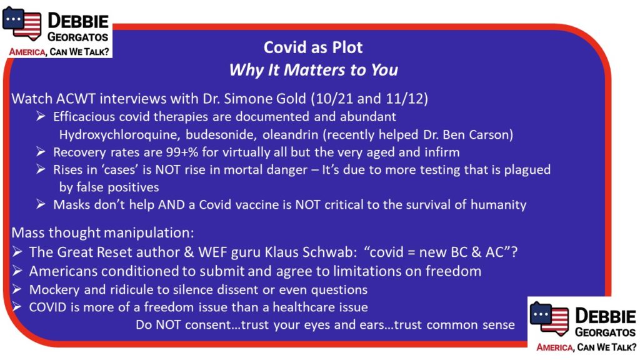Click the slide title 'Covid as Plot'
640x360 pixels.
pyautogui.click(x=313, y=47)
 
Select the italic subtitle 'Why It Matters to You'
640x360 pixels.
pyautogui.click(x=314, y=70)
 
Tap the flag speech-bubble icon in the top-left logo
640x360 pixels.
pyautogui.click(x=22, y=23)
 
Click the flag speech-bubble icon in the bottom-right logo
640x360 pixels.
pyautogui.click(x=549, y=318)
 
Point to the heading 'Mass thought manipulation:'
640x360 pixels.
pyautogui.click(x=102, y=232)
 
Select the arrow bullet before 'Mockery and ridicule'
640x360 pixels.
pyautogui.click(x=17, y=289)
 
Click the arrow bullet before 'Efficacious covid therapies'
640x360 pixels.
pyautogui.click(x=41, y=116)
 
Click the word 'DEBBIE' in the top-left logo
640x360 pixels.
pyautogui.click(x=78, y=21)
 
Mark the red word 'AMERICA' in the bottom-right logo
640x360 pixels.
pyautogui.click(x=554, y=347)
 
